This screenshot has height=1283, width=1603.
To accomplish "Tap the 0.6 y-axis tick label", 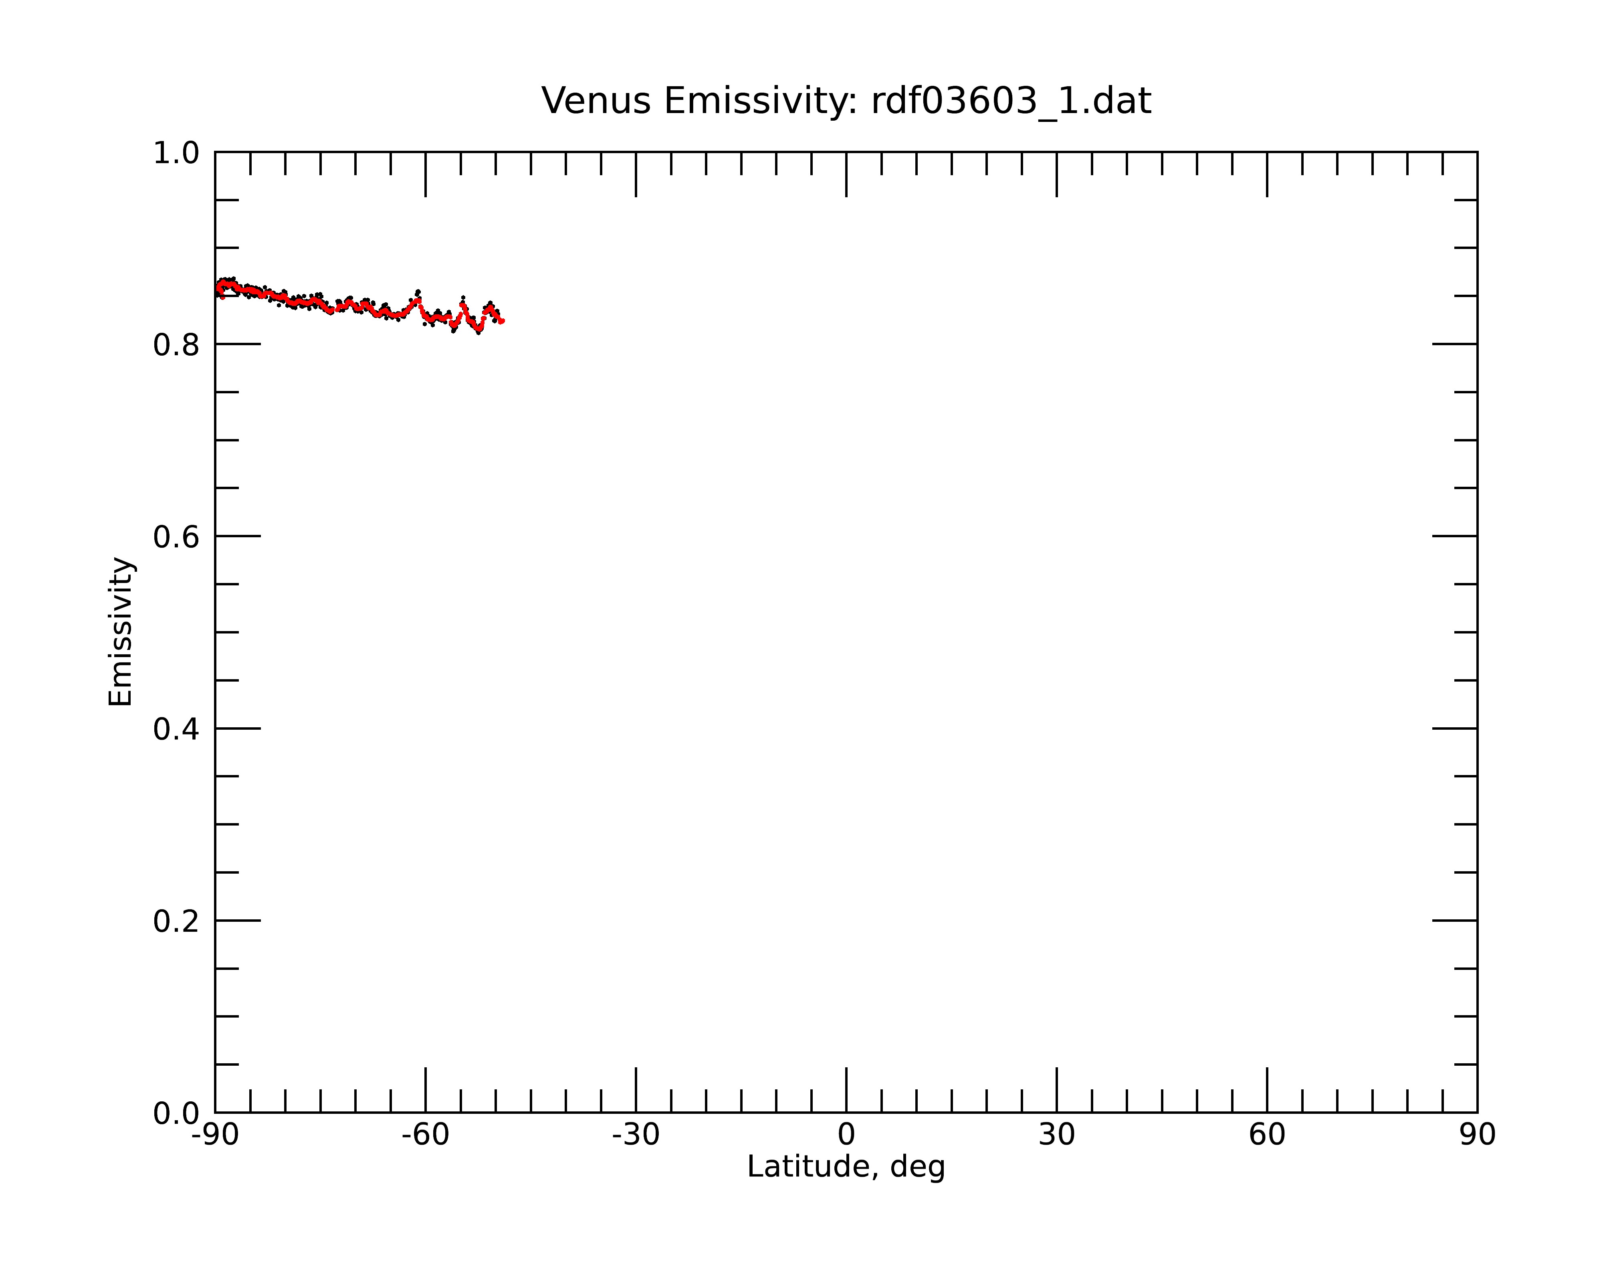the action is tap(176, 537).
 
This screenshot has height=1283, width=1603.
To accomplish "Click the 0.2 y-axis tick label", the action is tap(176, 921).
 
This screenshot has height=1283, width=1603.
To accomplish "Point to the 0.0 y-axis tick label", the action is tap(176, 1113).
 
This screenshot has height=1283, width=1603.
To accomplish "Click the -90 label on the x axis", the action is tap(215, 1135).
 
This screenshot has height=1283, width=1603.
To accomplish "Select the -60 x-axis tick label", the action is tap(425, 1135).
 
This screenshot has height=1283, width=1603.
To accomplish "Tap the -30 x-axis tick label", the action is tap(636, 1135).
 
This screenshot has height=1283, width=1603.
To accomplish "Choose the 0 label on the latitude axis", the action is tap(846, 1135).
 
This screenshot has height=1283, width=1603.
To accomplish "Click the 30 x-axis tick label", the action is tap(1056, 1135).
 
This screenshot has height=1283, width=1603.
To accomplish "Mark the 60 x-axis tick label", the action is tap(1267, 1135).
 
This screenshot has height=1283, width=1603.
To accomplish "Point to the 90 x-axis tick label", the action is tap(1477, 1135).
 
